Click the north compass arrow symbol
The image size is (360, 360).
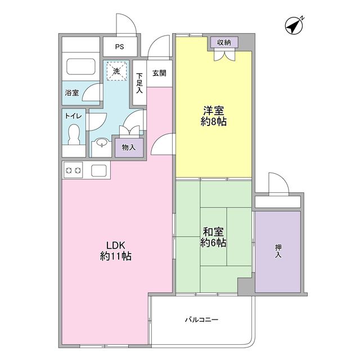[294, 25]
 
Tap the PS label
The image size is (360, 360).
[119, 47]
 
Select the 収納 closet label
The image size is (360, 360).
[225, 42]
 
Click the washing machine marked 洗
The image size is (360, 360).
[117, 71]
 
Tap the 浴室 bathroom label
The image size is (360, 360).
[71, 93]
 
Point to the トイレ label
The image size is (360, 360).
[73, 116]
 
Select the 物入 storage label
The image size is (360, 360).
[129, 147]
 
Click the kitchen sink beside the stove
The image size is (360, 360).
[100, 169]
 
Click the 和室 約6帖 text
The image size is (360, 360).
[214, 237]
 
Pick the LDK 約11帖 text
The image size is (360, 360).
[116, 250]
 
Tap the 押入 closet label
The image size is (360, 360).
[278, 251]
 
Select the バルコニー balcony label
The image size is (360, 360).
[201, 320]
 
